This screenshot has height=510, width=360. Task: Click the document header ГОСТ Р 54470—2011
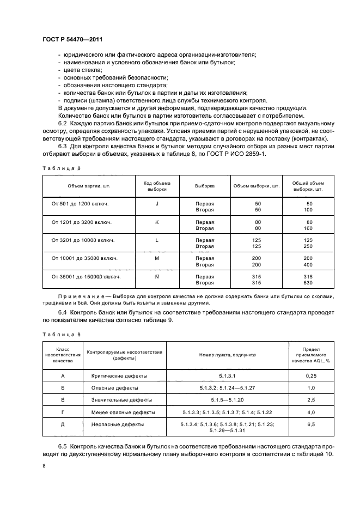[73, 40]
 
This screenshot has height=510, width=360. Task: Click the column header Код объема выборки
[157, 186]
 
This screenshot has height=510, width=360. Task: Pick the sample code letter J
[156, 203]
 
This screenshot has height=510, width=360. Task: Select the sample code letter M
[156, 258]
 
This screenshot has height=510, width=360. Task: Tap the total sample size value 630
[308, 283]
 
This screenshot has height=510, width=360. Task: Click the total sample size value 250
[308, 246]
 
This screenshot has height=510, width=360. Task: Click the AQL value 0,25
[311, 376]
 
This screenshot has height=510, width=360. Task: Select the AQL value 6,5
[311, 423]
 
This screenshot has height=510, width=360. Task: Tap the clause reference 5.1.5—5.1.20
[227, 400]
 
